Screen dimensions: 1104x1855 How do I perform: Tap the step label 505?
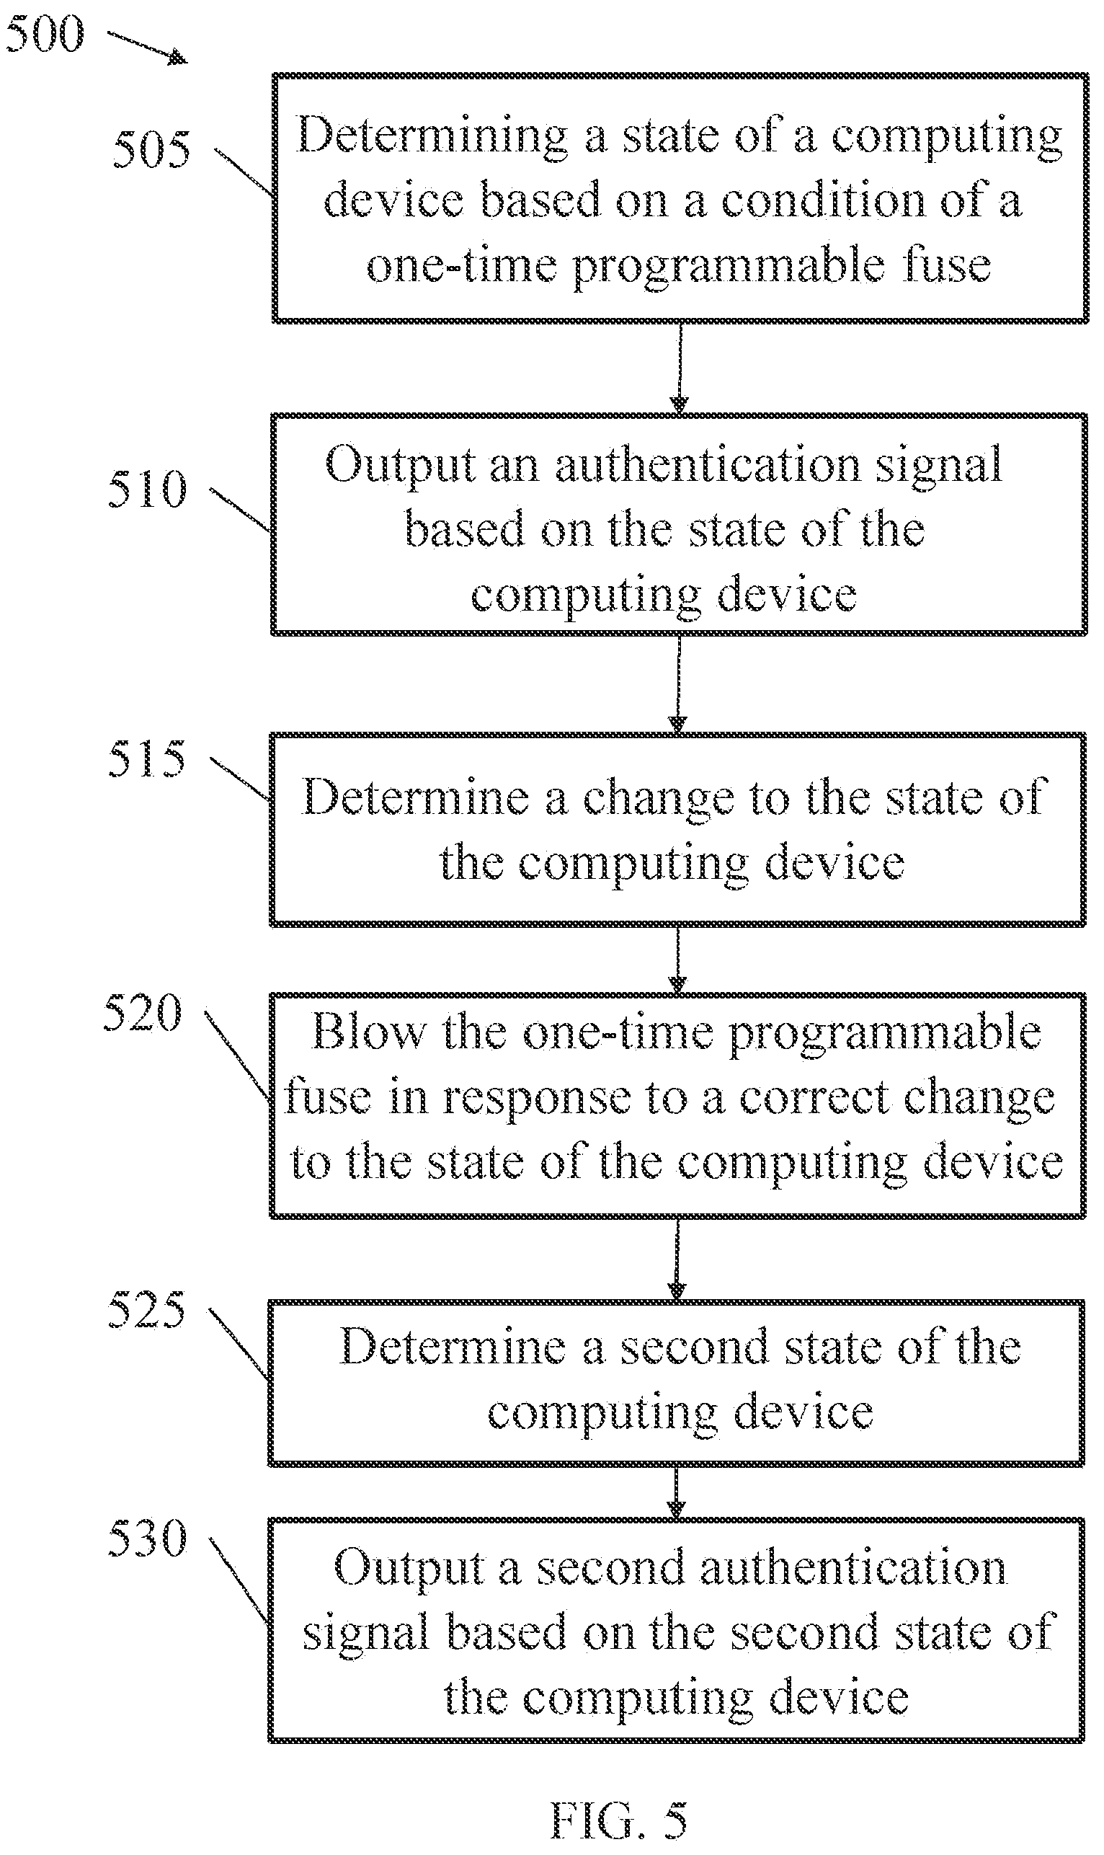click(151, 149)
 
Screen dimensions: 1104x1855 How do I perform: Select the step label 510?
click(146, 489)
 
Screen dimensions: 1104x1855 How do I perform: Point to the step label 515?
click(146, 758)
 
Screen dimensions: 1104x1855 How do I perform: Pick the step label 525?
click(146, 1309)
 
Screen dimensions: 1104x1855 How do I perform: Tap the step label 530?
click(147, 1537)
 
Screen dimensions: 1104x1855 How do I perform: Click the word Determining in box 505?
click(432, 136)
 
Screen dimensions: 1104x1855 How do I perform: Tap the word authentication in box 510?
click(708, 464)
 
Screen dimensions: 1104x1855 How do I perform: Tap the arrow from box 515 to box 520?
click(677, 959)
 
